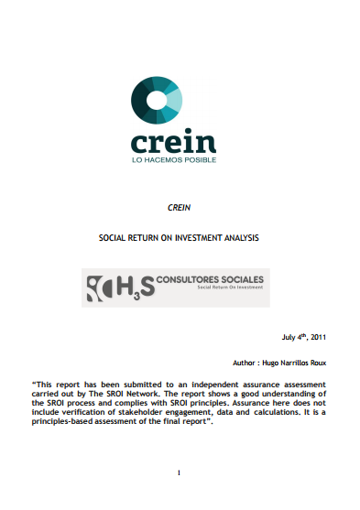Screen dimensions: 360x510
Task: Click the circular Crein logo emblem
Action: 157,102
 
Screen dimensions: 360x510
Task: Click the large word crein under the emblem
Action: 173,142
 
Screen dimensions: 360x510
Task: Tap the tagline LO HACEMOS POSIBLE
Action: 173,158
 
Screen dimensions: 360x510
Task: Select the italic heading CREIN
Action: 180,209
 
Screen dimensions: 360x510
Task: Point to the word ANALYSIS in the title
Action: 243,237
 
